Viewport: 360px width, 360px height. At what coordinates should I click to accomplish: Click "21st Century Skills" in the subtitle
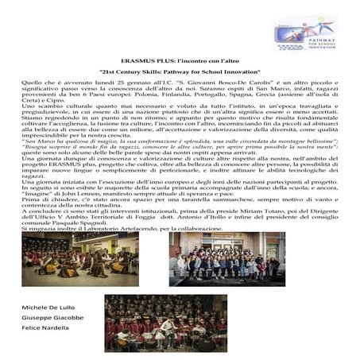point(141,72)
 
